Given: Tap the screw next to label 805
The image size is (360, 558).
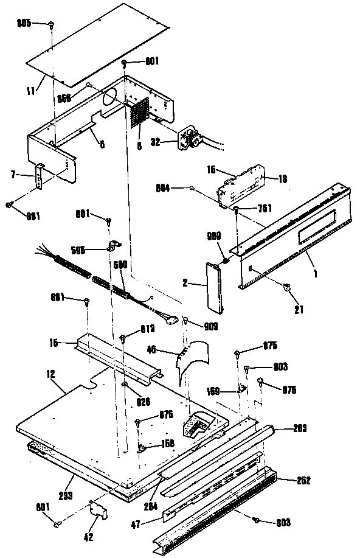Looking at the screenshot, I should (52, 25).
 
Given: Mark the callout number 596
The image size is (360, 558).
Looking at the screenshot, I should (95, 249).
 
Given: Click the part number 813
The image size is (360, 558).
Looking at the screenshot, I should (147, 328).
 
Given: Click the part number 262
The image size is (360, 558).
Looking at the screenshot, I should (303, 481).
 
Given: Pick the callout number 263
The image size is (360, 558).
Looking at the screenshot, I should (298, 428).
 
